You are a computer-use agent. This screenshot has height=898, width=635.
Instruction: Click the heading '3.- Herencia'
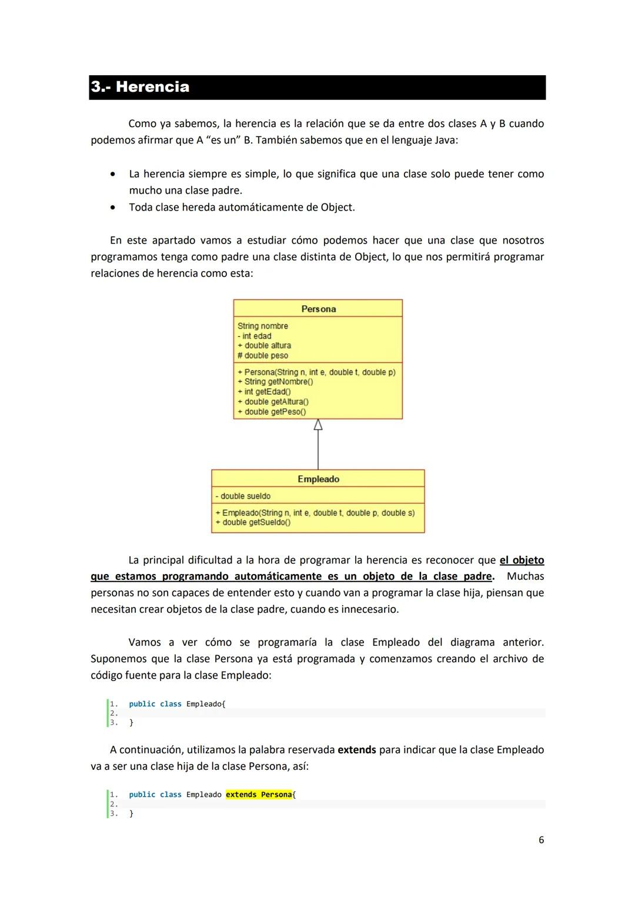(140, 87)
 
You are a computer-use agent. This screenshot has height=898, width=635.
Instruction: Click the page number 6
(541, 840)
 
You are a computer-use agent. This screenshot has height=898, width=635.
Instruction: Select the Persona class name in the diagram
(318, 309)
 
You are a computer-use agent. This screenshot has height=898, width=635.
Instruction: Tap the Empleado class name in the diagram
(318, 479)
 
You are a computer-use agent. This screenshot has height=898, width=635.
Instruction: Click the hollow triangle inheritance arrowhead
(318, 425)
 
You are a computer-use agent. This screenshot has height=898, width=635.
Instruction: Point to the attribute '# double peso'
(263, 356)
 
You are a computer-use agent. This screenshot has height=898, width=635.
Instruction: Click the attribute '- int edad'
(255, 336)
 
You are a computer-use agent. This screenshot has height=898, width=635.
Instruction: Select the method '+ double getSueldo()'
(253, 522)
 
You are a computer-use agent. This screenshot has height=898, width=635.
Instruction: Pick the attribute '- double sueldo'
(243, 496)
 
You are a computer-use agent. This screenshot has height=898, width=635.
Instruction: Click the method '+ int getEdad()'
(264, 392)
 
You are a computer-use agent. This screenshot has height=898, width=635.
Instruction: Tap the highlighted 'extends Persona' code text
(259, 794)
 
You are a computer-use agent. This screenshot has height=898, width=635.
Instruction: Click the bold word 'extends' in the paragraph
(356, 750)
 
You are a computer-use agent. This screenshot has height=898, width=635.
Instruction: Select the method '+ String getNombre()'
(275, 382)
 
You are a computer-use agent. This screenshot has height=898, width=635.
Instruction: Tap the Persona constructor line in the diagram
(316, 372)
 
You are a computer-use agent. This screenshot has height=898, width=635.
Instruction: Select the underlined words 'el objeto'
(522, 560)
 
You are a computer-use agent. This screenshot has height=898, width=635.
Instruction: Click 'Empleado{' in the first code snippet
(206, 704)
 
